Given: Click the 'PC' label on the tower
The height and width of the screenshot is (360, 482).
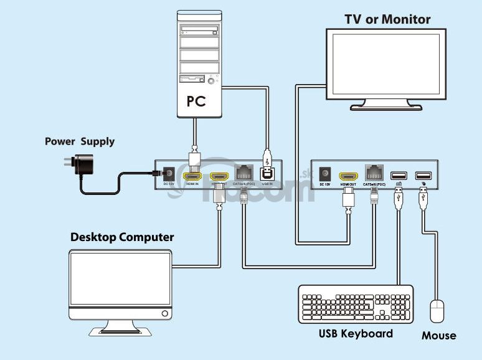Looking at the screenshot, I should [x=196, y=101].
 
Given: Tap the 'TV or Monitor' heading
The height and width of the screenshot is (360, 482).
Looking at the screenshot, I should [x=387, y=19].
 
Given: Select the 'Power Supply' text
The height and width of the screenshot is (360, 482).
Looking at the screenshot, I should [x=80, y=141].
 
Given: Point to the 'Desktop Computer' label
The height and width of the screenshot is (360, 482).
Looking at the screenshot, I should [x=122, y=237].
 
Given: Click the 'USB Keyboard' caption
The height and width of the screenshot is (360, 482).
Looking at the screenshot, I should [x=356, y=333].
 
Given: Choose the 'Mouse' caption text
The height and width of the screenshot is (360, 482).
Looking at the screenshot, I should [x=438, y=336].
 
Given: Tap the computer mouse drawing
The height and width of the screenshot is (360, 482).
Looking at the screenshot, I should [x=438, y=311].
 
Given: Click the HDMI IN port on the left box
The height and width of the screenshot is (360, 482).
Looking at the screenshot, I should [x=192, y=176].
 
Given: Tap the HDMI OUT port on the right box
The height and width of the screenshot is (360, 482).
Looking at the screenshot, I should [x=348, y=176].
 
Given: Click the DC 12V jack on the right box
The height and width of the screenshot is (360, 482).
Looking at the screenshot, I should [x=324, y=174].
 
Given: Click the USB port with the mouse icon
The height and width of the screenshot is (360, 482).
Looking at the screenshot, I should [x=423, y=175].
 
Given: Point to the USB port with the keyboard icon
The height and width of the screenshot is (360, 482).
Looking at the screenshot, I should [x=399, y=175].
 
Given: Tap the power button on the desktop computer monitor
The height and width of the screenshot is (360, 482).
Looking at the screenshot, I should [x=165, y=313].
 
